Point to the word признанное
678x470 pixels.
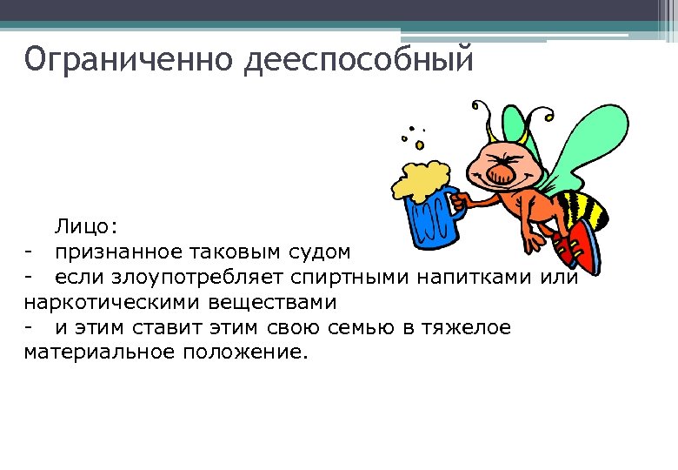(x=117, y=252)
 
